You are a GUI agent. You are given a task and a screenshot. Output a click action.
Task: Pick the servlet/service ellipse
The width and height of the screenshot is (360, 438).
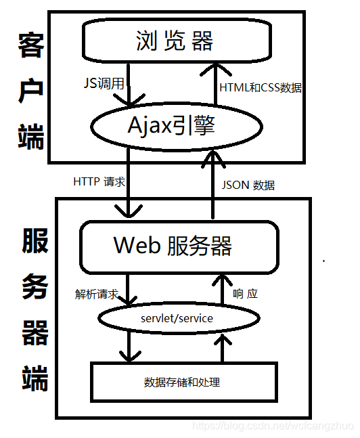[177, 318]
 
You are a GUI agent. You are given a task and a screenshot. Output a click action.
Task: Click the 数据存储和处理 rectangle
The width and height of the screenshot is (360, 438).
[183, 382]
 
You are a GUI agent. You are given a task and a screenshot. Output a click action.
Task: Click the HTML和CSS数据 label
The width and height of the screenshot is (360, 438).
[261, 87]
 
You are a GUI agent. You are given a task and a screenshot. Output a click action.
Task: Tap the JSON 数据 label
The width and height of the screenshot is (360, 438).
[248, 184]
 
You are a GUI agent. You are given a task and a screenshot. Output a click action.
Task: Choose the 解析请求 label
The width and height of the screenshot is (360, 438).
[97, 294]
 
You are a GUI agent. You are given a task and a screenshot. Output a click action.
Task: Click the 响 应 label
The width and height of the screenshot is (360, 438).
[245, 294]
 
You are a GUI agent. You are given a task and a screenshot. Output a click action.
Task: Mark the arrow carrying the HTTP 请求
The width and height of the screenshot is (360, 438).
[126, 190]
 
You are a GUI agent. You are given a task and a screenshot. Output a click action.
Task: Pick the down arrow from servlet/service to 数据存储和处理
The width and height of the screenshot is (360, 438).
[126, 345]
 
